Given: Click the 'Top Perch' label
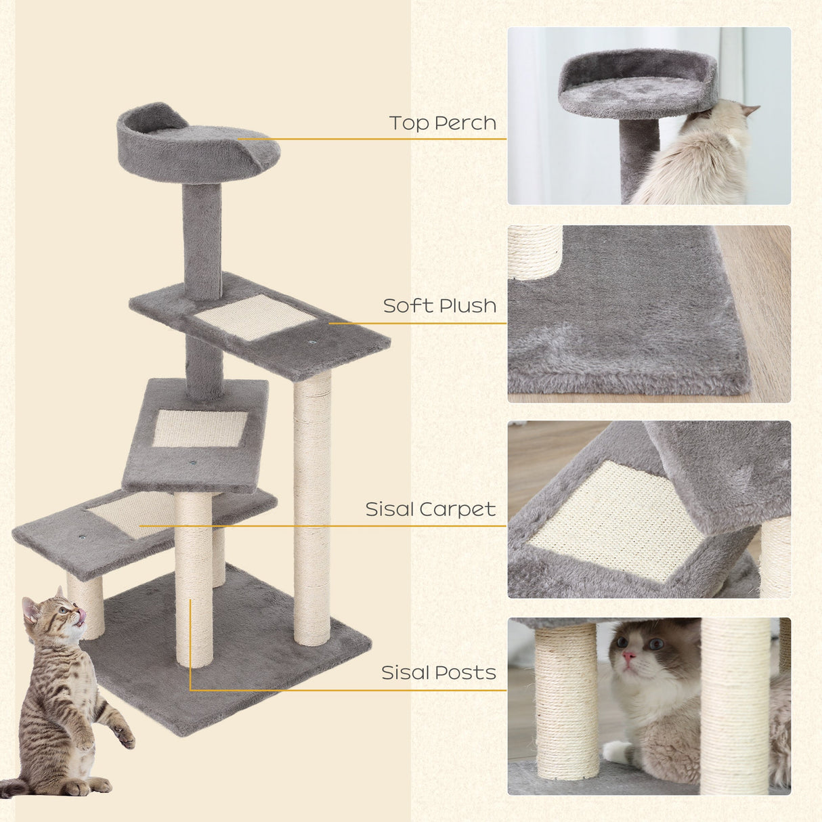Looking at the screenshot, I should pyautogui.click(x=442, y=123).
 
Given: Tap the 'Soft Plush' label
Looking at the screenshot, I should pyautogui.click(x=439, y=306).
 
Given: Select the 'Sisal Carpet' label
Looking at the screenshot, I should pyautogui.click(x=430, y=509).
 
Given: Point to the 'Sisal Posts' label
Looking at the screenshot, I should pyautogui.click(x=438, y=673).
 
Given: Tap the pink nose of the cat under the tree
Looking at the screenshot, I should pyautogui.click(x=630, y=656).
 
